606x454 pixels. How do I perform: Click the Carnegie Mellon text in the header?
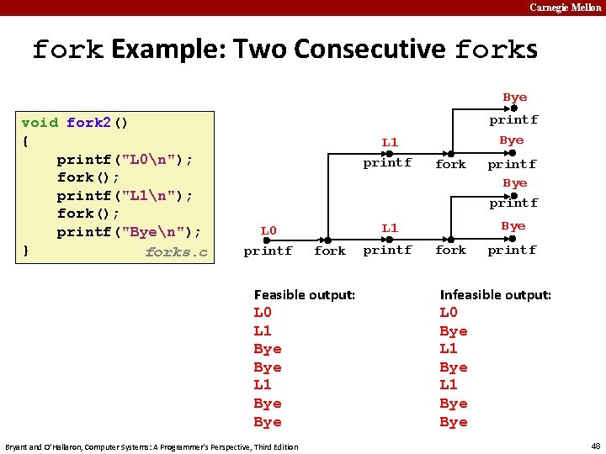(565, 8)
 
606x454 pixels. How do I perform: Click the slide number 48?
(595, 446)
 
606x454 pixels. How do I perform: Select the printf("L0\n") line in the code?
(125, 159)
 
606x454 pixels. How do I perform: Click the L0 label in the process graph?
(268, 230)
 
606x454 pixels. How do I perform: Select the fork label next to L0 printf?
(329, 251)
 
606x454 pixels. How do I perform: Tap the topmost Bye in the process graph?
(514, 98)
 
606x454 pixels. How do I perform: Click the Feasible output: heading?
(304, 294)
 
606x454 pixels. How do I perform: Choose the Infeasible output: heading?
(495, 294)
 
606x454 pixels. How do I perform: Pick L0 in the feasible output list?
(263, 313)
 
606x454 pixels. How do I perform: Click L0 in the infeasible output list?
(449, 313)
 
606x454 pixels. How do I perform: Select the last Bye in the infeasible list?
(454, 422)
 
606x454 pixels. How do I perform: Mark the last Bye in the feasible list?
(268, 422)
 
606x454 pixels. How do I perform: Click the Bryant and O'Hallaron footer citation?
(151, 446)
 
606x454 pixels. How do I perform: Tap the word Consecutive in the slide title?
(370, 49)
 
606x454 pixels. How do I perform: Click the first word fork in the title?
(67, 50)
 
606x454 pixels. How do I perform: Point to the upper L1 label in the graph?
(389, 143)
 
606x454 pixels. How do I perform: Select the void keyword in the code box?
(40, 123)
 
